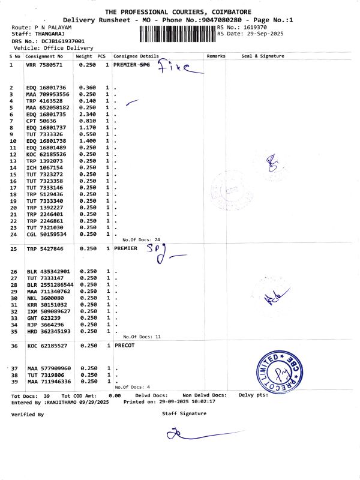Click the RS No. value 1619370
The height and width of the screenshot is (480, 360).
click(252, 28)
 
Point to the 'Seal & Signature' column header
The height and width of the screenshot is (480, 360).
click(262, 56)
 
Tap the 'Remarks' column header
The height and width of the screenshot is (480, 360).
click(215, 56)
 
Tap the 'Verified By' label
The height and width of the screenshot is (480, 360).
click(28, 414)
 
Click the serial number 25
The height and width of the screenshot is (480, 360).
click(13, 247)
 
